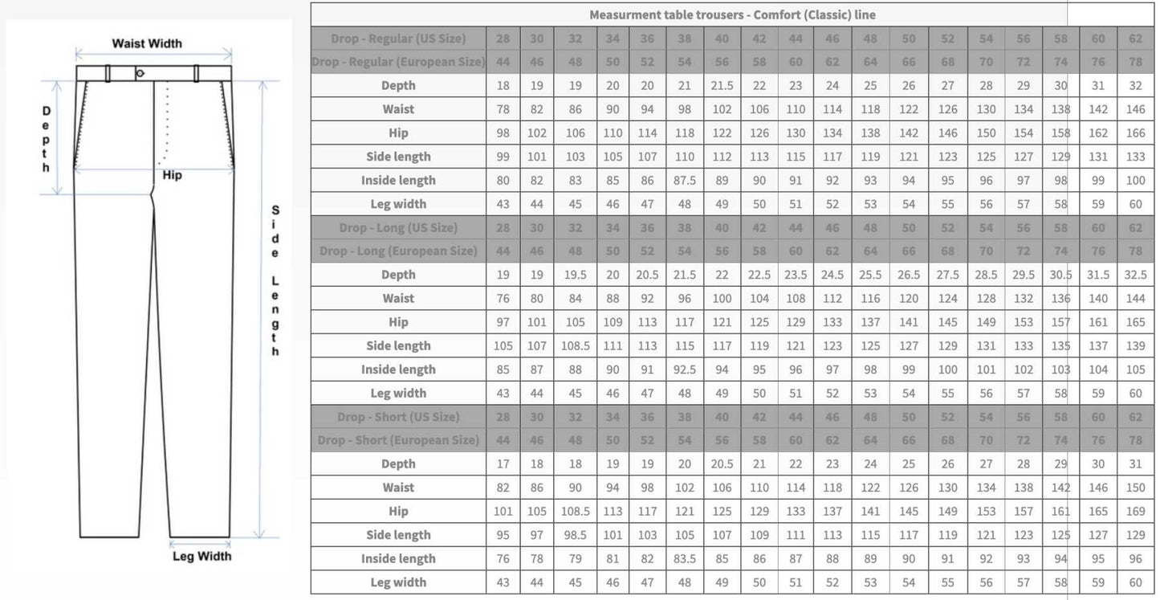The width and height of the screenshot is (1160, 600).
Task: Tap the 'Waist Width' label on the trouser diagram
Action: (x=147, y=43)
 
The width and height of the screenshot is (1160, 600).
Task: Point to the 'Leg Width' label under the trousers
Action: (x=202, y=556)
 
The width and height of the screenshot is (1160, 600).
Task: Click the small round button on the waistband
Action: (x=140, y=73)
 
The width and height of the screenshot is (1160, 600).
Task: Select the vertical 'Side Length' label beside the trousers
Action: (x=275, y=280)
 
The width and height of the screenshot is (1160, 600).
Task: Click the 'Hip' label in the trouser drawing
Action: (x=172, y=175)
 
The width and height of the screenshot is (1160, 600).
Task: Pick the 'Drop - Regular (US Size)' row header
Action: (x=398, y=39)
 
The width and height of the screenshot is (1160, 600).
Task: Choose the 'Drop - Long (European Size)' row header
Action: (x=398, y=251)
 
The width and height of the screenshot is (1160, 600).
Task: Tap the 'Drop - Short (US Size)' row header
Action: (x=398, y=417)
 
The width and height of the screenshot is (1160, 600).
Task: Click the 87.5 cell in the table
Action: (x=684, y=181)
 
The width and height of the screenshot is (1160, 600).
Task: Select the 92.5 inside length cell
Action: (x=684, y=369)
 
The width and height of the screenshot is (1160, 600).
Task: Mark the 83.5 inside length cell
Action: (x=684, y=559)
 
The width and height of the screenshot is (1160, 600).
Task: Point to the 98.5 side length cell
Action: (x=575, y=535)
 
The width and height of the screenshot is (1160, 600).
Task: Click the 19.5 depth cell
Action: (x=575, y=275)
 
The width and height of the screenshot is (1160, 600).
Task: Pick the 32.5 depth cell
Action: (x=1135, y=275)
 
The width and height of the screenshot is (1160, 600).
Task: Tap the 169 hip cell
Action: (x=1135, y=512)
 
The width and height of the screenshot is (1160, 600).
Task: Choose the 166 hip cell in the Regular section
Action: (x=1135, y=133)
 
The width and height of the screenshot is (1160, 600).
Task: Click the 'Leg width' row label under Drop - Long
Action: (x=398, y=394)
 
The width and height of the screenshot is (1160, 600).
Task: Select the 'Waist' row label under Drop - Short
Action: (x=398, y=488)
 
